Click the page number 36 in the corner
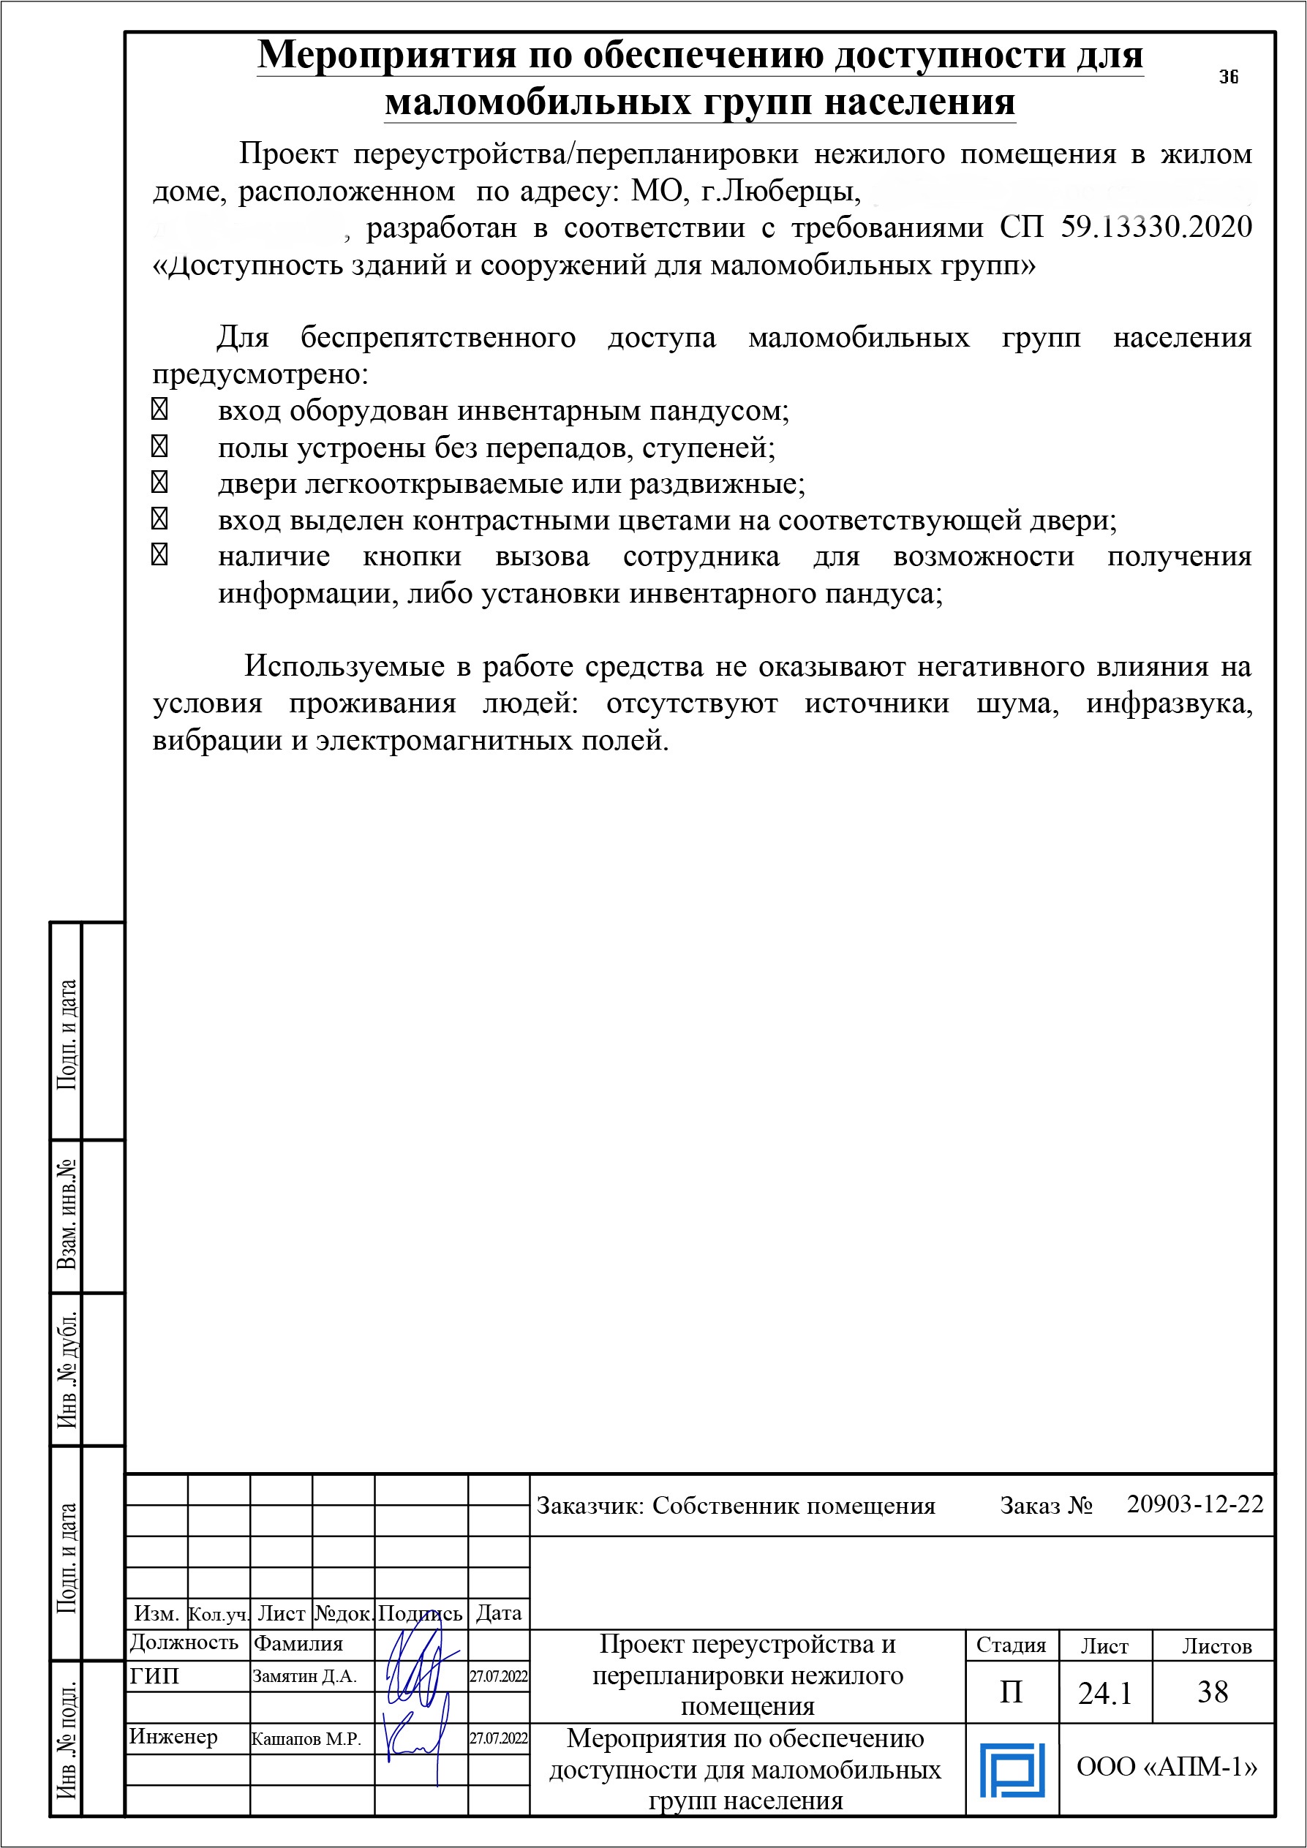tap(1228, 78)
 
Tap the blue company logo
tap(1012, 1770)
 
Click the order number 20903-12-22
tap(1195, 1504)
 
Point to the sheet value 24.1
tap(1105, 1694)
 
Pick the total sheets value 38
tap(1212, 1692)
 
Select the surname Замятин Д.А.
tap(304, 1677)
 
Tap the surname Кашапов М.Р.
tap(306, 1738)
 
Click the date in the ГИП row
tap(499, 1677)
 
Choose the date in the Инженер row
tap(499, 1738)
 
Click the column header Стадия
tap(1011, 1645)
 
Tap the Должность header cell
tap(184, 1643)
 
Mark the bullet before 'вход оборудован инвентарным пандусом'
tap(159, 410)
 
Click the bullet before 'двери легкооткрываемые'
tap(159, 482)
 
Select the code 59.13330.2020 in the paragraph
tap(1156, 227)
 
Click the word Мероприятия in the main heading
tap(386, 56)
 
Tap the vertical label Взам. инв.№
tap(67, 1215)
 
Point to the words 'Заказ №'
tap(1045, 1506)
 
